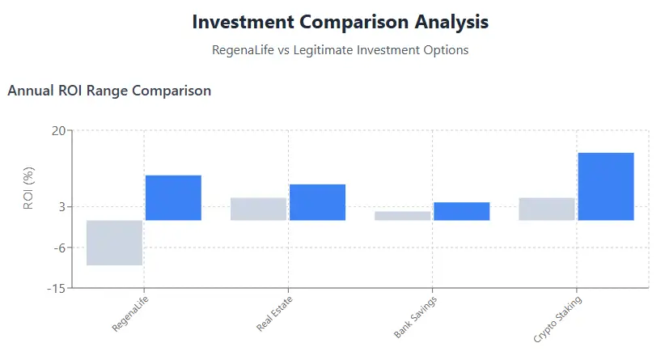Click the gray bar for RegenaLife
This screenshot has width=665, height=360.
click(114, 243)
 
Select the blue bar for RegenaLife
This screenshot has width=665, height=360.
click(173, 197)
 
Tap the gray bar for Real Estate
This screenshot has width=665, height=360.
click(258, 209)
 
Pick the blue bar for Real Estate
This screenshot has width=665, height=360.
click(317, 202)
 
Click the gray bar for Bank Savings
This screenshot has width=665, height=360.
click(402, 216)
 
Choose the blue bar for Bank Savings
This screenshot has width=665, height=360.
click(461, 211)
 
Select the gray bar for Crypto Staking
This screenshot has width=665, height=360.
click(546, 209)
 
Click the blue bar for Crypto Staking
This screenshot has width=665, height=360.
click(605, 186)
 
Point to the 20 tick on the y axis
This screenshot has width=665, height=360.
click(58, 130)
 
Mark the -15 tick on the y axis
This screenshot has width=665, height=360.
click(57, 287)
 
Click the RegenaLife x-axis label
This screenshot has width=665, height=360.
click(130, 315)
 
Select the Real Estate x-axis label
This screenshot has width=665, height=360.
click(274, 315)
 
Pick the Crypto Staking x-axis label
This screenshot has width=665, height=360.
click(557, 319)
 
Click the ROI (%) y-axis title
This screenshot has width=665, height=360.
click(28, 188)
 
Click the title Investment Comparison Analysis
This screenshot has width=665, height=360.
click(340, 22)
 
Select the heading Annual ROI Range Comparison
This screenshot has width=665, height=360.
click(109, 91)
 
